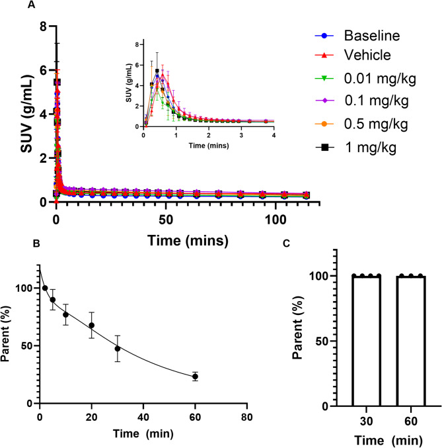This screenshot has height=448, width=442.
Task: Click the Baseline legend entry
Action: [373, 34]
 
